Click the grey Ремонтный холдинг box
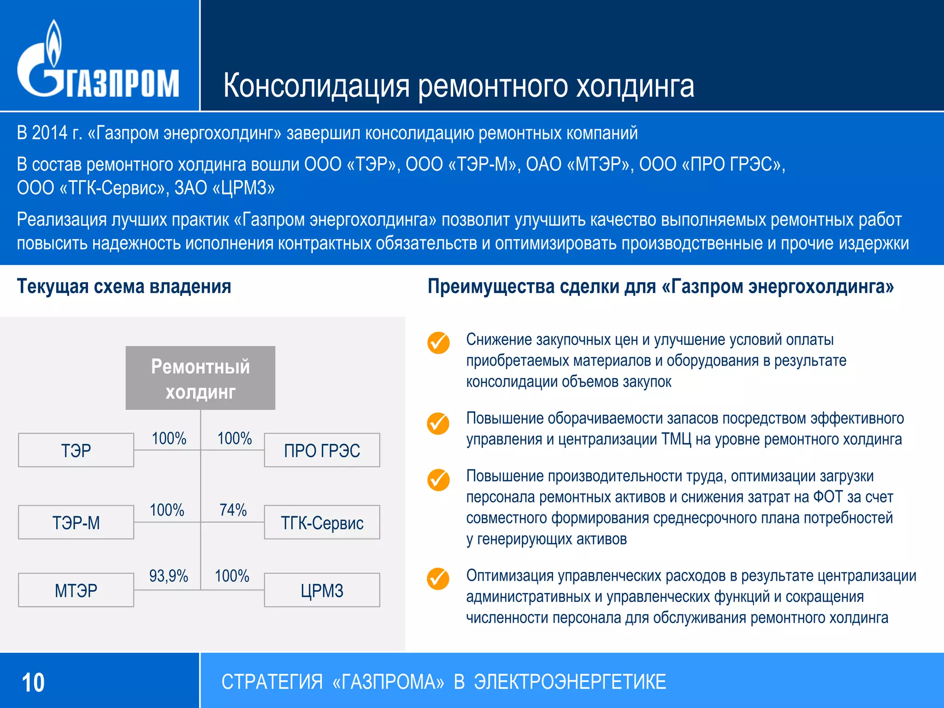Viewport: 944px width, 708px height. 201,378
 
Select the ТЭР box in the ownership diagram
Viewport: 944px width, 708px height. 76,450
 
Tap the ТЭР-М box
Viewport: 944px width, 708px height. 76,522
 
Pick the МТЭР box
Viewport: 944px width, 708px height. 76,590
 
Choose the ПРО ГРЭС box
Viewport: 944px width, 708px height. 322,450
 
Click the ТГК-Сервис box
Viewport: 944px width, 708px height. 322,522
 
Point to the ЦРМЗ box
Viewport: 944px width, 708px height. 322,590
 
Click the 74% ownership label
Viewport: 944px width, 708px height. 233,510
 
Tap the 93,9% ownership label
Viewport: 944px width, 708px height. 169,576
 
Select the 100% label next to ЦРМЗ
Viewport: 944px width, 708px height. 232,576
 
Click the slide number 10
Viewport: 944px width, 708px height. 33,683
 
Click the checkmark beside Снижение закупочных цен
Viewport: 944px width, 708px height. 438,342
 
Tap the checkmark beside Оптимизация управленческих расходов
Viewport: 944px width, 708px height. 438,579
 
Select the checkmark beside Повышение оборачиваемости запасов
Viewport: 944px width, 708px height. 438,424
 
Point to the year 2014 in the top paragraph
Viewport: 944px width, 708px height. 50,133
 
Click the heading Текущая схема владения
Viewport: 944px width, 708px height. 124,287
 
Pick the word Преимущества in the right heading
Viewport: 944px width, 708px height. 491,287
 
